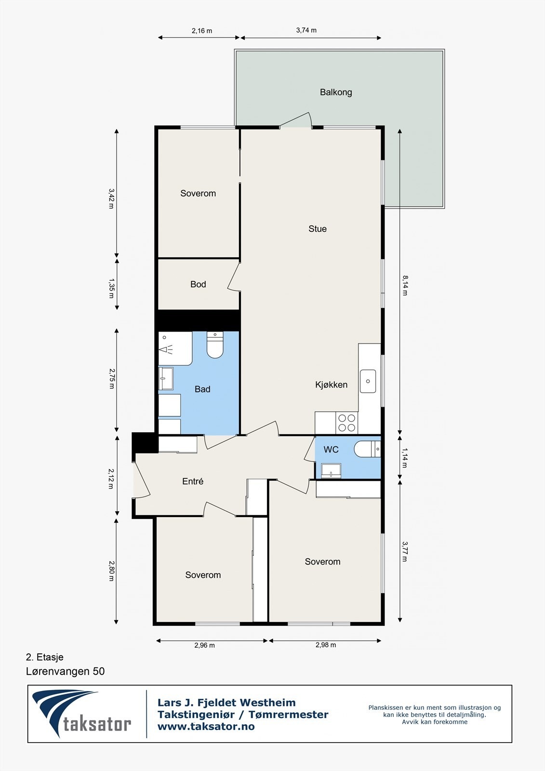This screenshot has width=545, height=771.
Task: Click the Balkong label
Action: click(x=336, y=92)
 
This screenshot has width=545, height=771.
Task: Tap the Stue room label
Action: click(x=318, y=229)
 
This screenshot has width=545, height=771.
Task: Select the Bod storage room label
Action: click(x=198, y=284)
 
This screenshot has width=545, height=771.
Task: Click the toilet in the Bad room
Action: click(x=215, y=346)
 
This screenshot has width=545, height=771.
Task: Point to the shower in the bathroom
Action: click(x=174, y=348)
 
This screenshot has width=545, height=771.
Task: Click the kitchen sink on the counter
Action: click(x=368, y=381)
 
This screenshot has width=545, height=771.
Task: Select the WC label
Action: click(x=331, y=450)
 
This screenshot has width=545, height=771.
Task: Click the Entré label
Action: click(x=193, y=481)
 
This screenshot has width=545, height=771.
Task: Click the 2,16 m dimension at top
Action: click(x=202, y=31)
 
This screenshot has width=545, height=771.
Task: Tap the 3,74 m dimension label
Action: click(x=306, y=30)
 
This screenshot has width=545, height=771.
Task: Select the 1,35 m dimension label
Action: click(x=112, y=288)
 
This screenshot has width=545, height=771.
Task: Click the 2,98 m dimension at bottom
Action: click(x=326, y=645)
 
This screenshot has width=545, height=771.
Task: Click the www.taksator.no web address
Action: click(x=206, y=727)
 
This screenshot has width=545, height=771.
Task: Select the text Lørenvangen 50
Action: click(x=65, y=671)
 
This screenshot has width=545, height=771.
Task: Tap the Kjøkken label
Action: click(x=332, y=385)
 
